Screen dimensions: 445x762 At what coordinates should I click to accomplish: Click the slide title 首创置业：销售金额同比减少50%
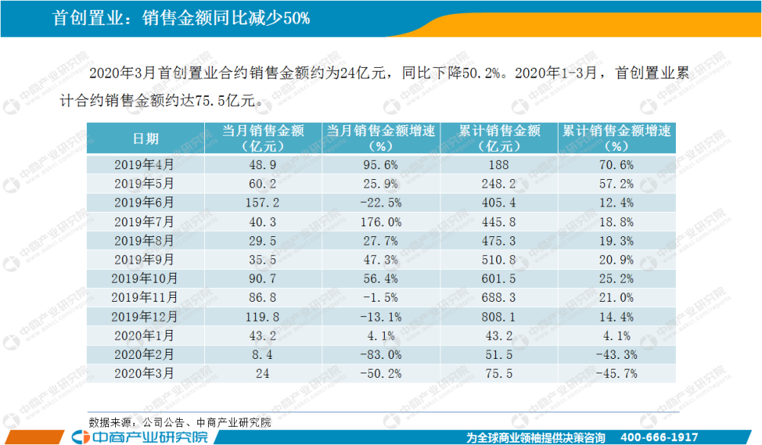pos(181,18)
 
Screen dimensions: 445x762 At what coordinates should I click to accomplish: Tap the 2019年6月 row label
pos(146,203)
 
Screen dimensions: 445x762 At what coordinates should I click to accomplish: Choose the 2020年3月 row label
pos(146,373)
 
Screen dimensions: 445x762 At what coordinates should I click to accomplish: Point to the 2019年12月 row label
pos(146,316)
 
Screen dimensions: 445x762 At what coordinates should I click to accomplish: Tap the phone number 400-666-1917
pos(660,437)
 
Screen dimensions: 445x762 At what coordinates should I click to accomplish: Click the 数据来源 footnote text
pos(180,421)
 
